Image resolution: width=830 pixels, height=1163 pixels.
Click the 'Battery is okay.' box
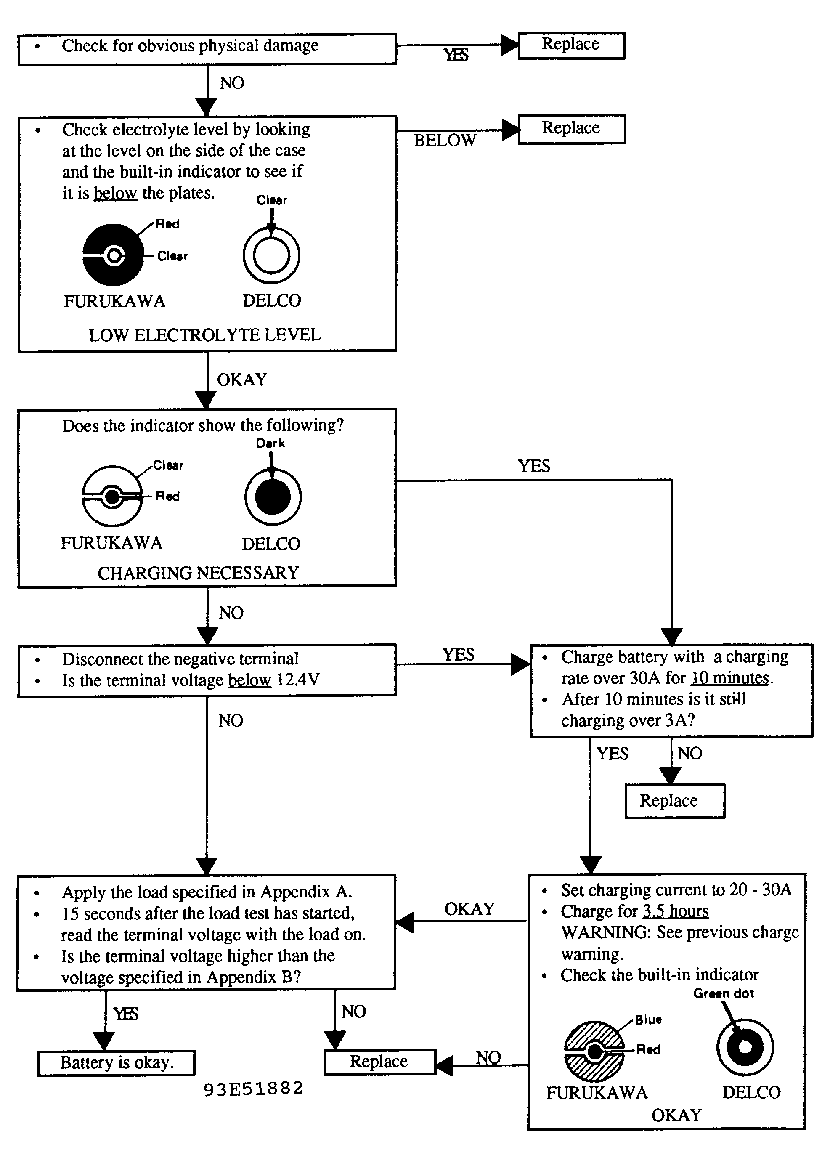click(117, 1063)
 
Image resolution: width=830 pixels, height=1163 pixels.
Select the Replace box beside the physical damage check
click(571, 45)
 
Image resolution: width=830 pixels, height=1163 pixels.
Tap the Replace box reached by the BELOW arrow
click(572, 129)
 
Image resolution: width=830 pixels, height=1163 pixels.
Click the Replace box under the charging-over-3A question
click(675, 801)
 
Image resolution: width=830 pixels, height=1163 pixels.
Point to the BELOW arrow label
click(445, 140)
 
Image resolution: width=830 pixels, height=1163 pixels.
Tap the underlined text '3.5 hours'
click(676, 911)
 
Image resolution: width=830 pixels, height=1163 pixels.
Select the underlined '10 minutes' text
click(730, 678)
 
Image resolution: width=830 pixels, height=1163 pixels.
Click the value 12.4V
click(298, 680)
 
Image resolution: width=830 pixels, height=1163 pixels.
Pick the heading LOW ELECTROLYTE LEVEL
click(204, 335)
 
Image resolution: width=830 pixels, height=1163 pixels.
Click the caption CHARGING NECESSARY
click(198, 573)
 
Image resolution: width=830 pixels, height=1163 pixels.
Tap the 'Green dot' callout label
click(724, 993)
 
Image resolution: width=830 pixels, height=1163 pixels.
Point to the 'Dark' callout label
click(270, 443)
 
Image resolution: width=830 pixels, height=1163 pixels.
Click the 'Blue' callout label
click(648, 1020)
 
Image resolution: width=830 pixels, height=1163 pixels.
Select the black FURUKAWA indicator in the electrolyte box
click(113, 255)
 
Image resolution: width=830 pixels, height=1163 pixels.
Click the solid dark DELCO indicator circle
click(273, 497)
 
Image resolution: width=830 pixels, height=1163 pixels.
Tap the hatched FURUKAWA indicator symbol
click(594, 1051)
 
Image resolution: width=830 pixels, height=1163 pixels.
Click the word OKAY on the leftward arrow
click(469, 908)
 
